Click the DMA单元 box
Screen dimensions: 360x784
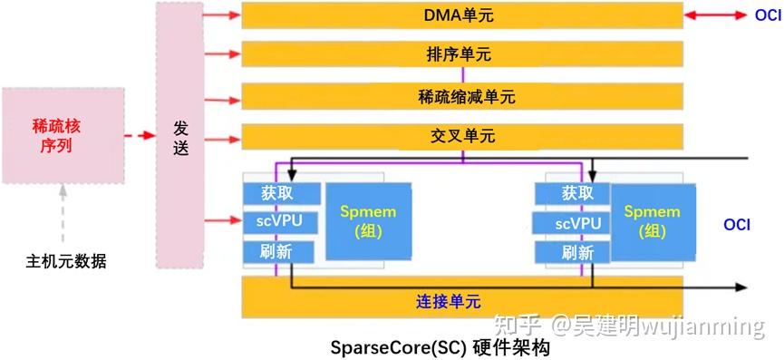coord(462,15)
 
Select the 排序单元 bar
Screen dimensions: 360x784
coord(462,54)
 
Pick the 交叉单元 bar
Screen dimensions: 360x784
coord(462,137)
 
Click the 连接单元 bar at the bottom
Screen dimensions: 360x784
coord(462,299)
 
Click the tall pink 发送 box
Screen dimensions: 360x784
coord(179,134)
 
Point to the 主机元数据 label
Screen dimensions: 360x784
coord(65,262)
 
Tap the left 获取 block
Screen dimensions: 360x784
coord(282,192)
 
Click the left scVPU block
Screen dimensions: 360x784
coord(282,222)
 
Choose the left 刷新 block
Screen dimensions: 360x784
coord(278,252)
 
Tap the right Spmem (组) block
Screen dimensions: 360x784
coord(653,221)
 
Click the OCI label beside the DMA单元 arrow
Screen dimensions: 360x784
coord(767,15)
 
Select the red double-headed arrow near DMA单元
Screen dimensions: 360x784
coord(716,15)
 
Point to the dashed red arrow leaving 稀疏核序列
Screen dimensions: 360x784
coord(137,135)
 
